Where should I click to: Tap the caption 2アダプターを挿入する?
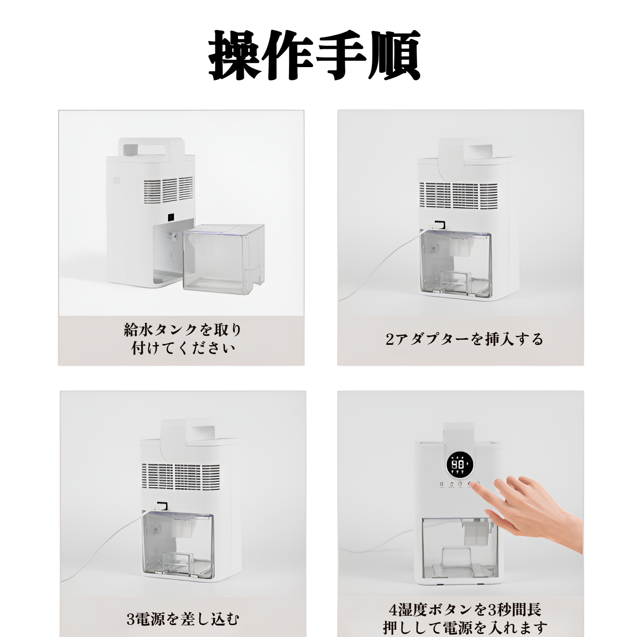tap(464, 339)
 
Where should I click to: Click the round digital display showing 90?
tap(458, 465)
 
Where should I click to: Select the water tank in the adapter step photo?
tap(455, 263)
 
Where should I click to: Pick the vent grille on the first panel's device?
tap(168, 189)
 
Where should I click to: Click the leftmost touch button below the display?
tap(441, 484)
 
